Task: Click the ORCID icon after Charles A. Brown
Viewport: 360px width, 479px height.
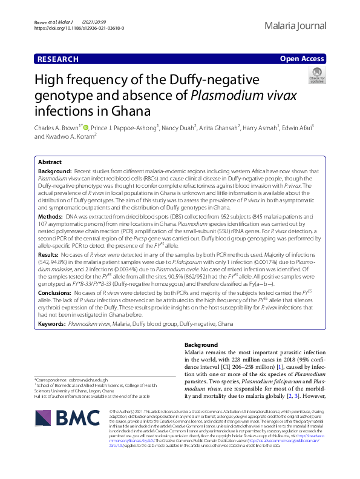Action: point(86,127)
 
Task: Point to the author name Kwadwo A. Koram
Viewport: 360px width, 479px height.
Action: point(74,137)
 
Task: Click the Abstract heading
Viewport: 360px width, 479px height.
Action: point(50,163)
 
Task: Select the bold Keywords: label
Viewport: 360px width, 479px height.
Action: point(52,325)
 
